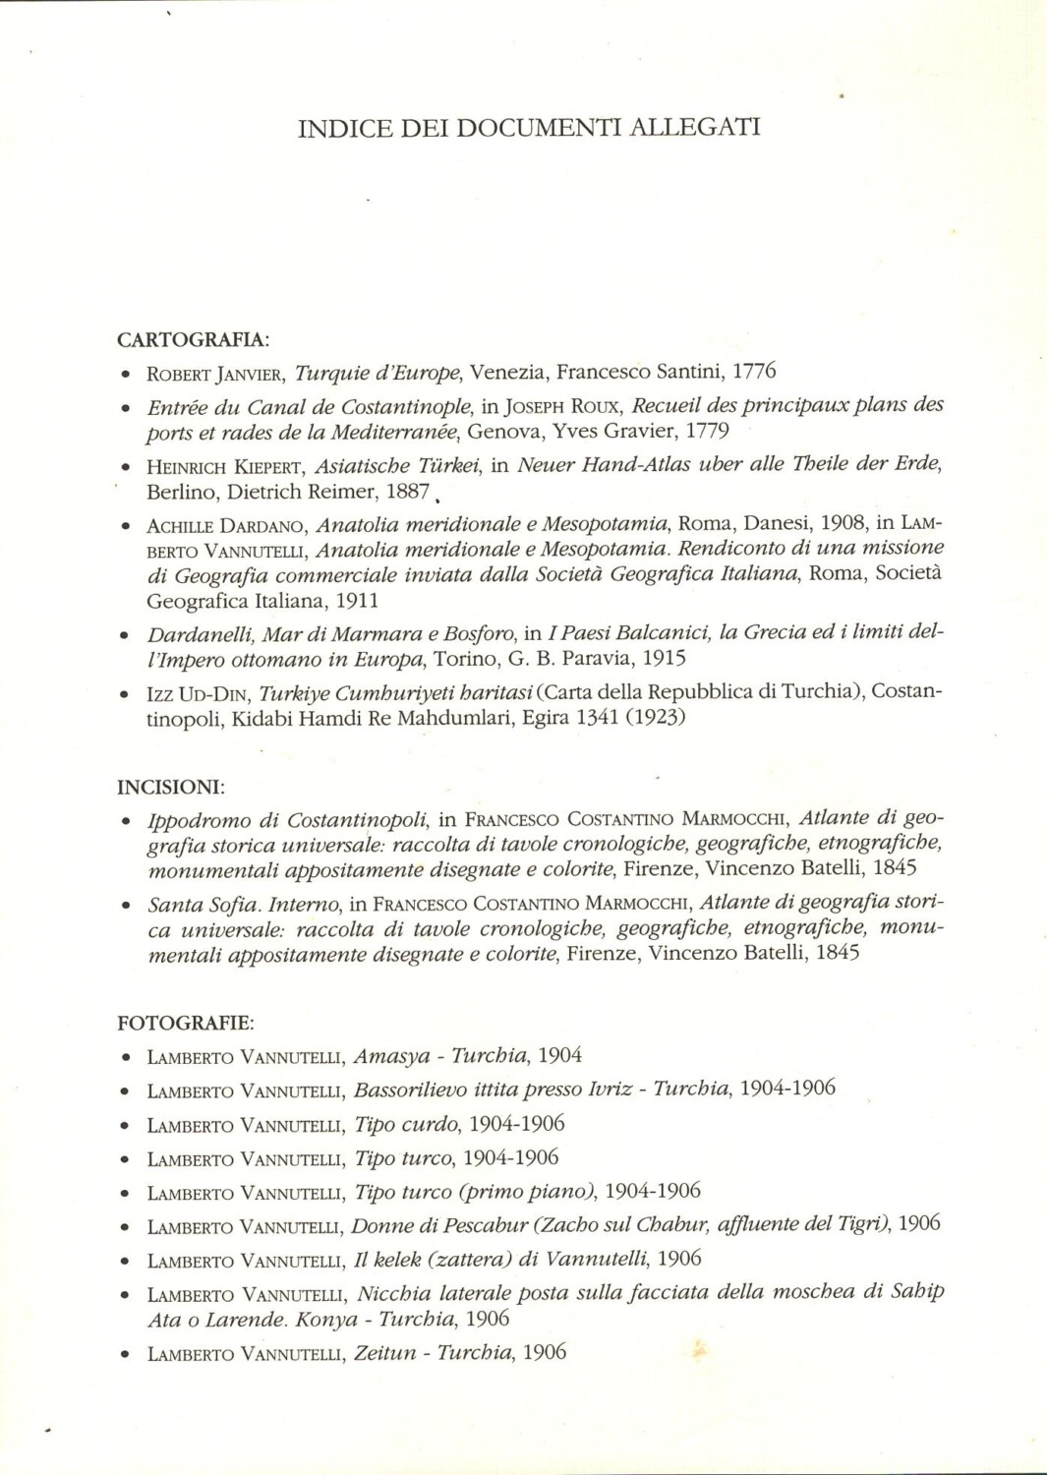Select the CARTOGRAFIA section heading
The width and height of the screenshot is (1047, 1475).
(193, 340)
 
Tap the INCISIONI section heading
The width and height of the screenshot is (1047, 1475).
(171, 787)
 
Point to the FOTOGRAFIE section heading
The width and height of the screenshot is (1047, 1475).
(186, 1023)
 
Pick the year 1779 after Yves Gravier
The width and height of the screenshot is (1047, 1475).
(707, 431)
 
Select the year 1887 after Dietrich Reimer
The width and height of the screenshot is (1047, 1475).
(407, 492)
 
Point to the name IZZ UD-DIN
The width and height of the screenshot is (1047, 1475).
(196, 693)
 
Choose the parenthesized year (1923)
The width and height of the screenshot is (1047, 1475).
(655, 718)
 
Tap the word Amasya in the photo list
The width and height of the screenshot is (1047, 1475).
(391, 1057)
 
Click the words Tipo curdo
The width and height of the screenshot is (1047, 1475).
(405, 1124)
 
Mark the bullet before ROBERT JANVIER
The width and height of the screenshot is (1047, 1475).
(126, 375)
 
